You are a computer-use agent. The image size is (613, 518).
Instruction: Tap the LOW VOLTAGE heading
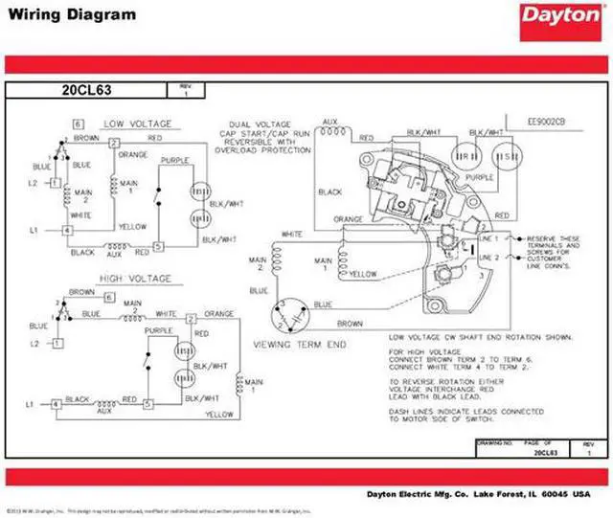tap(138, 124)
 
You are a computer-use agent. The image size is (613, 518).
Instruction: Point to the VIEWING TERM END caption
tap(299, 344)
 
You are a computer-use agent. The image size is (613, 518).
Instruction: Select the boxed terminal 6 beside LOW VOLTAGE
tap(79, 124)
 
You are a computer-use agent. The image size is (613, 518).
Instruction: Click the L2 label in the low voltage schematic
tap(32, 182)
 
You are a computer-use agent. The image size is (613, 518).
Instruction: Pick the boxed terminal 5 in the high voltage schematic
tap(147, 405)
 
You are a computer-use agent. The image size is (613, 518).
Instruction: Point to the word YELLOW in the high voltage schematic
tap(219, 414)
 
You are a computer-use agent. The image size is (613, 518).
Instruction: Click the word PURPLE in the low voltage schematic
tap(174, 161)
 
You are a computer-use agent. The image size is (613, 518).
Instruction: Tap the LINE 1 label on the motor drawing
tap(489, 237)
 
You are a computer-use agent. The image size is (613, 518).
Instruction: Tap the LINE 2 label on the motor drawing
tap(489, 258)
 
